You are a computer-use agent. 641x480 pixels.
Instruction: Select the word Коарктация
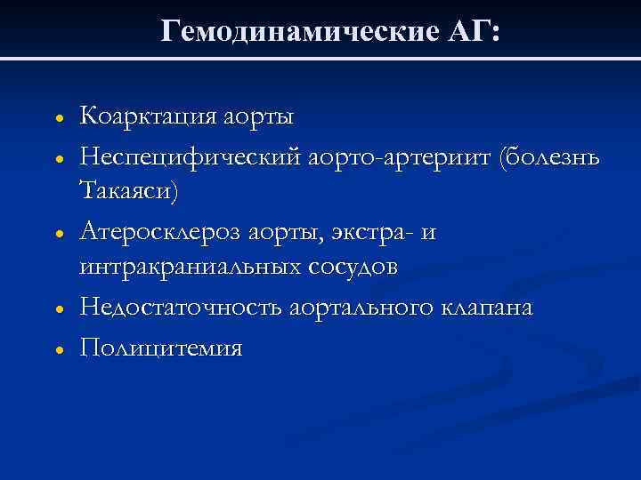(x=156, y=116)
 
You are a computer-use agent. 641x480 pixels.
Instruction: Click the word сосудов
(x=348, y=268)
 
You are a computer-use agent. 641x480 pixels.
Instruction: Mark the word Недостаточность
(x=181, y=308)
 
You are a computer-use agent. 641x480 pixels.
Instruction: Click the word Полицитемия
(x=160, y=347)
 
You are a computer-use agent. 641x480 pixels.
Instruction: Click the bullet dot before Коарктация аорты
(x=56, y=118)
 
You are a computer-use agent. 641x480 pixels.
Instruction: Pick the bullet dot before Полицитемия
(x=56, y=348)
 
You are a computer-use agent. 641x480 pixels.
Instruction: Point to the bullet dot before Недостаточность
(x=56, y=309)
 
